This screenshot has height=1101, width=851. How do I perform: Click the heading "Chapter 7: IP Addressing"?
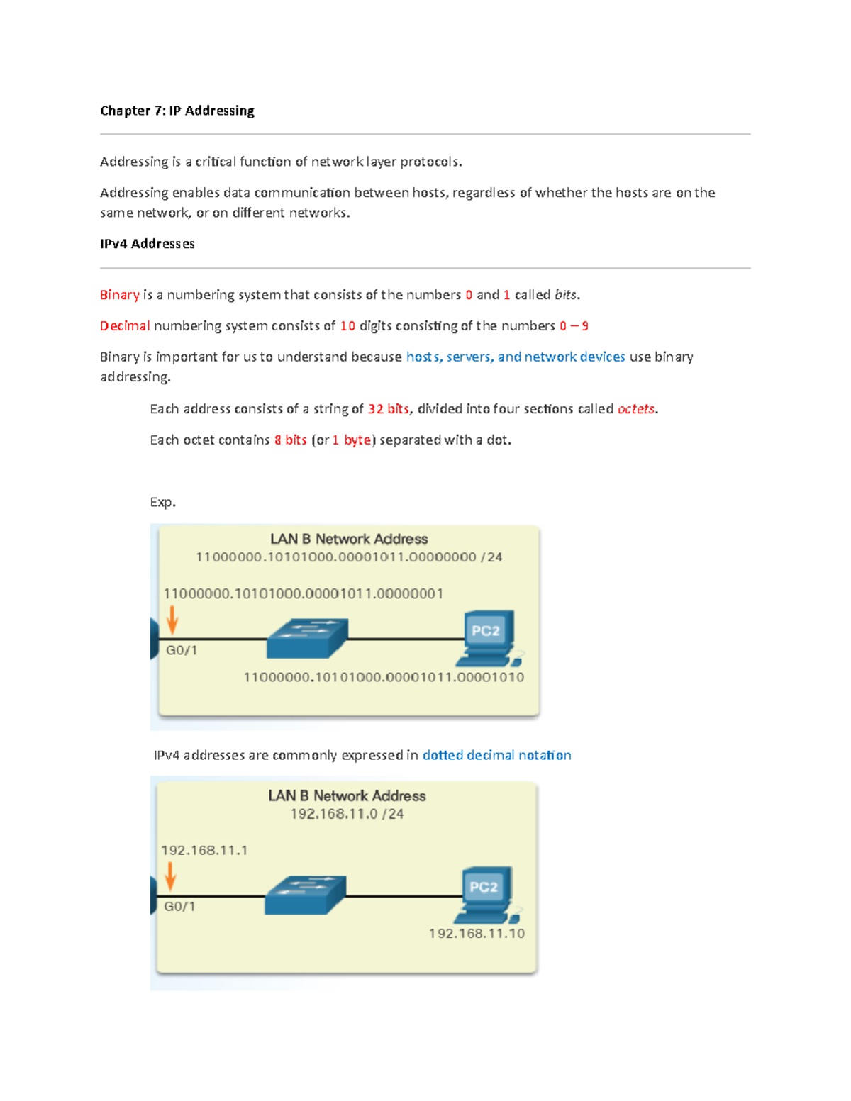[177, 111]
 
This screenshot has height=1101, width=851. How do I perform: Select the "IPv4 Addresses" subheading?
[147, 244]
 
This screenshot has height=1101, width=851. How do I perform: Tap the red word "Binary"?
[119, 295]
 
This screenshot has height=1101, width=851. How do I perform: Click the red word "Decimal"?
[125, 326]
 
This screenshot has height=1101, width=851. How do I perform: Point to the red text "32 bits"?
[388, 409]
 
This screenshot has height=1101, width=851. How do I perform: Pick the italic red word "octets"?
[635, 409]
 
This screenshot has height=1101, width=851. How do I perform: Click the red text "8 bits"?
[290, 440]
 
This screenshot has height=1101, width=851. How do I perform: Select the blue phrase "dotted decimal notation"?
[496, 756]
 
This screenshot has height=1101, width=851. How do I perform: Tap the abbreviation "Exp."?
[162, 503]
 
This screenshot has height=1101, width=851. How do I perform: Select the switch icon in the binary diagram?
[307, 638]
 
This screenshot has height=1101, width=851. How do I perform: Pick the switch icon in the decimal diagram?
[305, 895]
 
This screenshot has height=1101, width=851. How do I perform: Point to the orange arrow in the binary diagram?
[172, 620]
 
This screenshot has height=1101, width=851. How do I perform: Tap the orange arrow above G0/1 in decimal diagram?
[170, 876]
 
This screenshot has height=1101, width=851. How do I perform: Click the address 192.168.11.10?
[477, 934]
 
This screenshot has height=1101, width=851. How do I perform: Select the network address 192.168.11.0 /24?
[347, 815]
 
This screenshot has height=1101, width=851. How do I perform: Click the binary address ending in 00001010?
[384, 678]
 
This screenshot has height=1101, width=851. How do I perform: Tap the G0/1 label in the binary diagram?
[182, 650]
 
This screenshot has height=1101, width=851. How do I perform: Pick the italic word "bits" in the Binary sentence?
[566, 295]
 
